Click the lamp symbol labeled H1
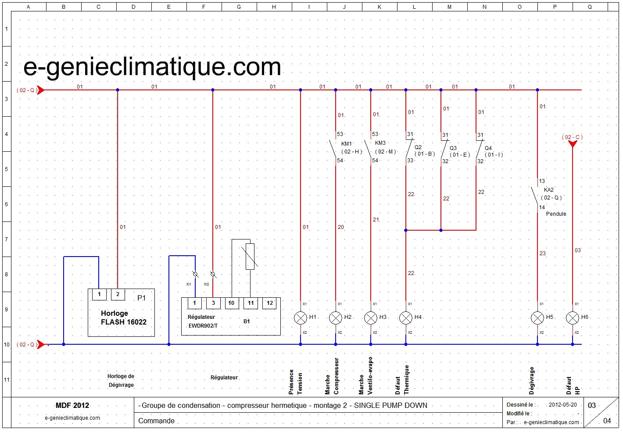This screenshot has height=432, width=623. click(301, 318)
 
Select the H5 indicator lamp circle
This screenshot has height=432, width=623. click(537, 318)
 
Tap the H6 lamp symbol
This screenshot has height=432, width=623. click(573, 318)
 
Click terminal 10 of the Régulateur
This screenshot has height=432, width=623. click(231, 303)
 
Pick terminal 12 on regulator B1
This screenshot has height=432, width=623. click(269, 303)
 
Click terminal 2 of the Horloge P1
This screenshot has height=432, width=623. click(118, 294)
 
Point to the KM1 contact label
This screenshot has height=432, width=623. click(347, 144)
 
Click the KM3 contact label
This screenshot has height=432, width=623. click(380, 143)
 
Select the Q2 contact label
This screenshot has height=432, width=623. click(418, 147)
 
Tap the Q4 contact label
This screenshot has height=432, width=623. click(488, 148)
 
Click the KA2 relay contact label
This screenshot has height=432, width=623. click(549, 190)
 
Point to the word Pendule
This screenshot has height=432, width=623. click(556, 214)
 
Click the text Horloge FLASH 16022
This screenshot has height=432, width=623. click(123, 318)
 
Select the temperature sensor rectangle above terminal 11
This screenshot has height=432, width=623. click(250, 257)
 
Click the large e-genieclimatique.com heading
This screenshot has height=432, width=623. click(152, 67)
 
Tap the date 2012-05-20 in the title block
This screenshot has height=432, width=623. click(562, 405)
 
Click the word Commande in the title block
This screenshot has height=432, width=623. click(156, 421)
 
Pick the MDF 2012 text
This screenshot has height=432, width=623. click(72, 405)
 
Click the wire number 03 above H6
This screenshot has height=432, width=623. click(578, 250)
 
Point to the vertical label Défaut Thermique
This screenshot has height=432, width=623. click(402, 380)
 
